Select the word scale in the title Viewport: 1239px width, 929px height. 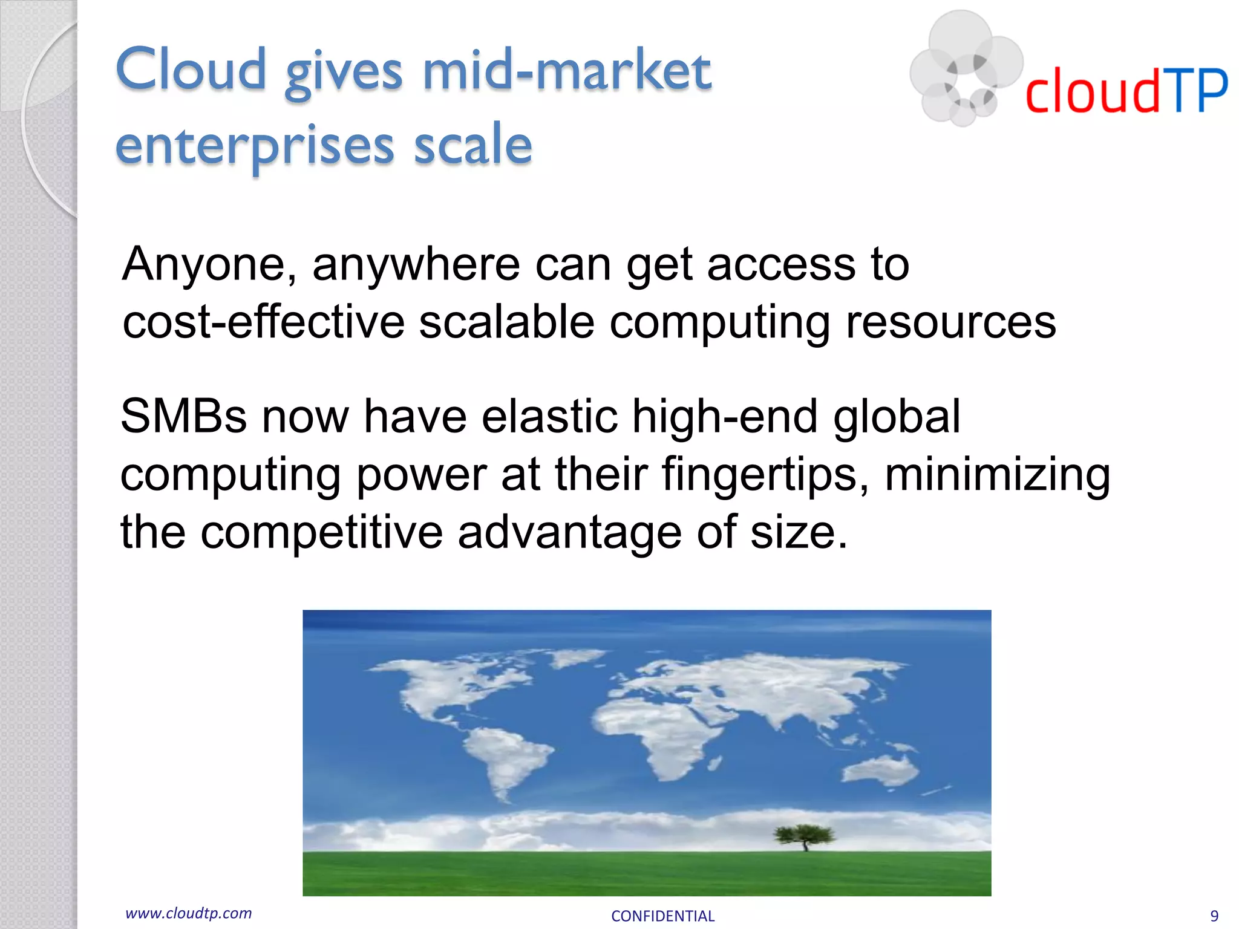click(x=472, y=145)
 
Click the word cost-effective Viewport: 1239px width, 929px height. click(x=264, y=322)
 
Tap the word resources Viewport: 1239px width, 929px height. click(x=950, y=322)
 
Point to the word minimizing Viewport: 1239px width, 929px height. click(x=997, y=474)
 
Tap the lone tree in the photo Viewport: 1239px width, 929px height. click(x=804, y=836)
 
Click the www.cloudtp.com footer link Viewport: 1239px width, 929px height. click(x=189, y=913)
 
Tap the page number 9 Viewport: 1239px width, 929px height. click(x=1214, y=916)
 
